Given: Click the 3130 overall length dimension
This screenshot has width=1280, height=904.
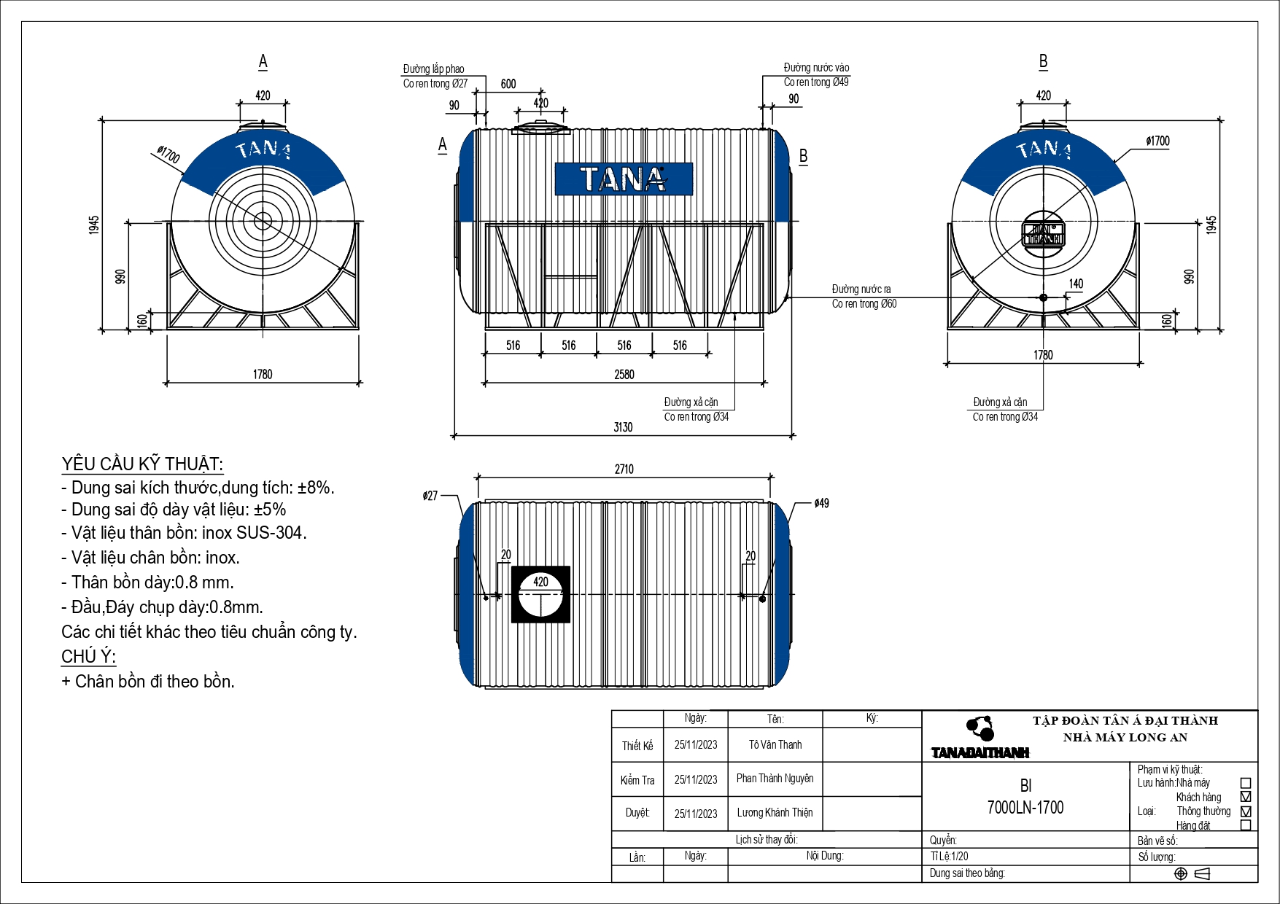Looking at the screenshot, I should pos(623,427).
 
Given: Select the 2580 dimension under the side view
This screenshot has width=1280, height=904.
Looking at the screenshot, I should pos(624,374).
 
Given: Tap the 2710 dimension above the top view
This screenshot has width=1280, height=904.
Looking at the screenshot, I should pos(624,469).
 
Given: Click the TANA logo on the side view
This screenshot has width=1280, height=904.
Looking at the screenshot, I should pos(624,179).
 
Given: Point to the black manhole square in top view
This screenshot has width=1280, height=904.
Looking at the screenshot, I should pos(540,595).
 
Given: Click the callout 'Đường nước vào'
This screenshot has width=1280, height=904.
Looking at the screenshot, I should pos(816,68).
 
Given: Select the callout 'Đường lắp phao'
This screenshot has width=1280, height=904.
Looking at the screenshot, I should pos(433,69).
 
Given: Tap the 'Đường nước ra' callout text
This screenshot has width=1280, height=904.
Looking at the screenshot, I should pos(861,289).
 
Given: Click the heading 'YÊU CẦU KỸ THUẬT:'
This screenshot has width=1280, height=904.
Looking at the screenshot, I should pos(142,464).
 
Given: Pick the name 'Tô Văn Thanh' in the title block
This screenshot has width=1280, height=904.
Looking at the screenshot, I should pos(775,745).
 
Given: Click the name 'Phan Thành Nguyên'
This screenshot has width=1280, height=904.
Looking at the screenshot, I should pos(775,779).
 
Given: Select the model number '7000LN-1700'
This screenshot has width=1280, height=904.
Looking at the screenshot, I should pos(1025,808).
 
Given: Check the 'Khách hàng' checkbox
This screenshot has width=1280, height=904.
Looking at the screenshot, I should pos(1246,797).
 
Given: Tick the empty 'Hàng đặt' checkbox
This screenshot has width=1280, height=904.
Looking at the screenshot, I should pos(1246,825).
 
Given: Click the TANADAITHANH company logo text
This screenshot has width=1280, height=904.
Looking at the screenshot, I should pos(980,752).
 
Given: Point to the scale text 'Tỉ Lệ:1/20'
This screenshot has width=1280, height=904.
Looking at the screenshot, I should pos(950,857).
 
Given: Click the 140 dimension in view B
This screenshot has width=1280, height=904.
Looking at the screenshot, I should pos(1076,284).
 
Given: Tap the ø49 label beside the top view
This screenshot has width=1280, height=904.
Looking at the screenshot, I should pos(821,503).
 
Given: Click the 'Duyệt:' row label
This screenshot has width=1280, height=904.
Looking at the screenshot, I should pos(637,813).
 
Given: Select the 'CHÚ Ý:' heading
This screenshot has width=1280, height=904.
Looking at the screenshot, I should pos(88,657).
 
